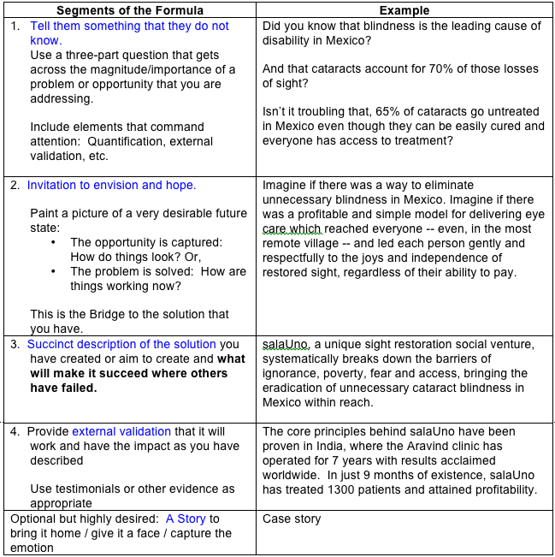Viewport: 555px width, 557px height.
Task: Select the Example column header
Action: [404, 10]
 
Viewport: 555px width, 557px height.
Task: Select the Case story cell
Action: [292, 518]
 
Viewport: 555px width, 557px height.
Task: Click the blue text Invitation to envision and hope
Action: [111, 185]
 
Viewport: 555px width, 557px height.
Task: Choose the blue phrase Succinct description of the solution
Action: [121, 344]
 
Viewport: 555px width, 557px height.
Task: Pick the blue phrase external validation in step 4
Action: [121, 431]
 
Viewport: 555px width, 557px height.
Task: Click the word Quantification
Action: [153, 141]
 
